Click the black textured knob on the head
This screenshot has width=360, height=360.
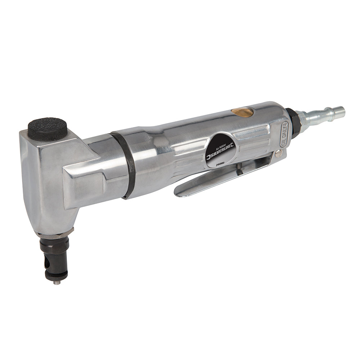48,128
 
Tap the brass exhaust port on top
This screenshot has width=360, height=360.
242,112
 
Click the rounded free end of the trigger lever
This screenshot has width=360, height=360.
180,191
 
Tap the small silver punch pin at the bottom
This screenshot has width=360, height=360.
57,282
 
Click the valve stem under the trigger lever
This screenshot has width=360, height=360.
239,168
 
